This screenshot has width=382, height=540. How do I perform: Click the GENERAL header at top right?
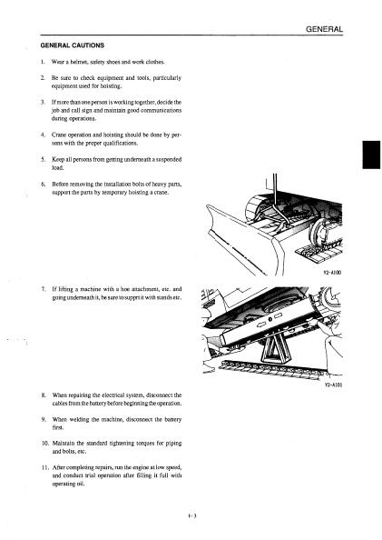click(x=324, y=29)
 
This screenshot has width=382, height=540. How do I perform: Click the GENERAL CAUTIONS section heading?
click(x=73, y=45)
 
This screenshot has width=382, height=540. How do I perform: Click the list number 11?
click(x=44, y=467)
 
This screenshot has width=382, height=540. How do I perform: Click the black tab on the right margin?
click(x=371, y=155)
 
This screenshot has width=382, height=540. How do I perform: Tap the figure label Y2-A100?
click(x=332, y=273)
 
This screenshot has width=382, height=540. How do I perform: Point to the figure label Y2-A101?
click(x=333, y=385)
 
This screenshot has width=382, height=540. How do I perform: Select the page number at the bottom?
click(x=191, y=515)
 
